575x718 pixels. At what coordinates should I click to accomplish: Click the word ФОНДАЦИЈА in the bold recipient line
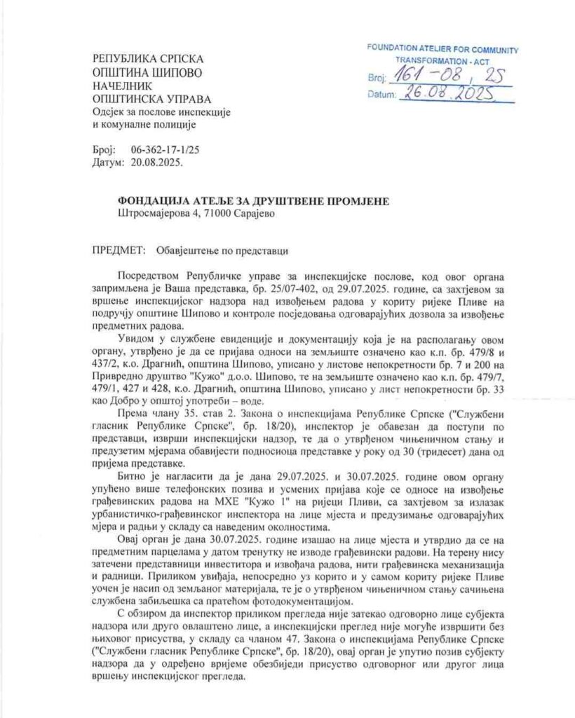[155, 201]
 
